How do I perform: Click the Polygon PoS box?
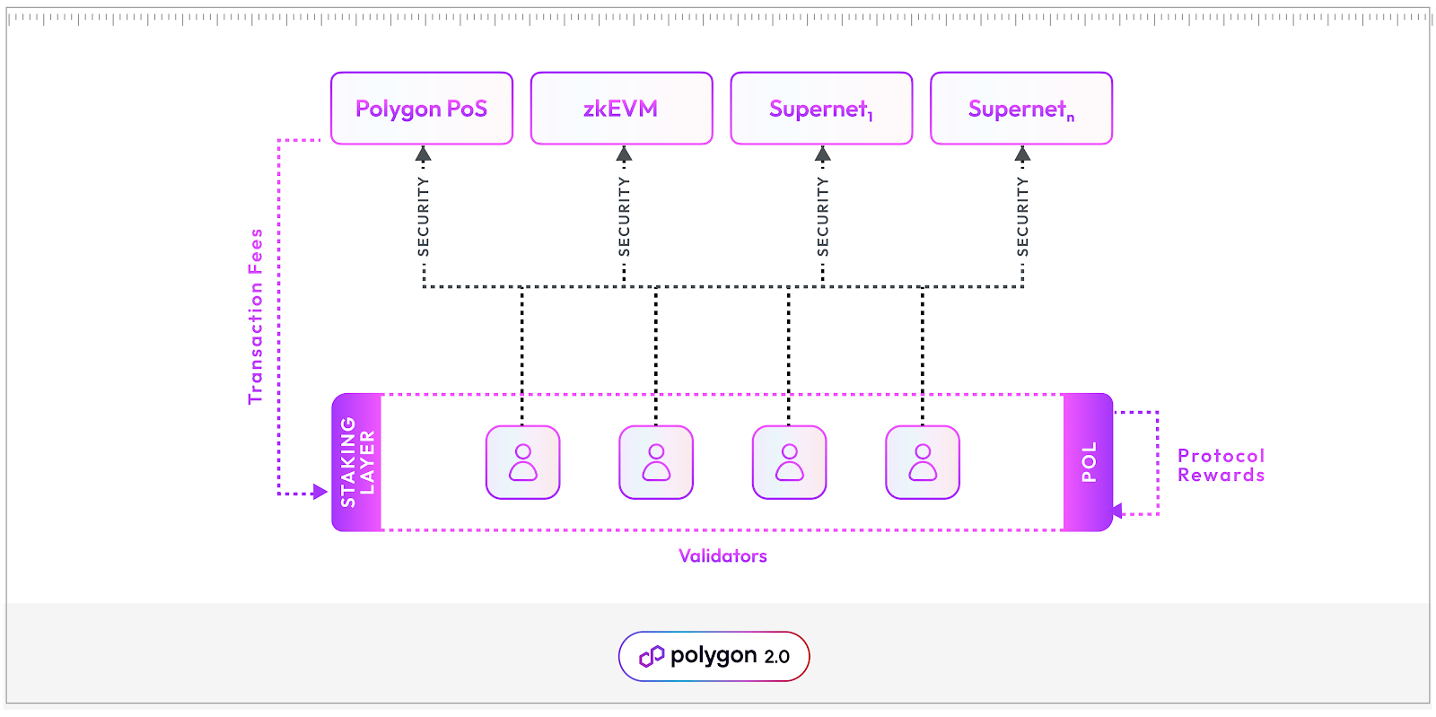point(422,109)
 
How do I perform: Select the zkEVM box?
point(621,109)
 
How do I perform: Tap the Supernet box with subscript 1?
point(821,109)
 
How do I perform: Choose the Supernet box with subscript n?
point(1021,109)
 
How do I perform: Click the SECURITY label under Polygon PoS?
point(424,216)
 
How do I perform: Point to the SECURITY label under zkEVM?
point(625,216)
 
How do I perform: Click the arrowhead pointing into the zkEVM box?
point(625,154)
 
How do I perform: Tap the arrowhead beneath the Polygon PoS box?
point(424,154)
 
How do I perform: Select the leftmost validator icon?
point(523,462)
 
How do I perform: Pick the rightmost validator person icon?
point(923,462)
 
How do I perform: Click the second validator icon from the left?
point(656,462)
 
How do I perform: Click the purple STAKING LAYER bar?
point(357,462)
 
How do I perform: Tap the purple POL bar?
point(1088,462)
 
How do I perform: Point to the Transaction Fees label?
point(256,316)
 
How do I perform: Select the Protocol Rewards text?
point(1221,466)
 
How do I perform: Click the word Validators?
point(722,556)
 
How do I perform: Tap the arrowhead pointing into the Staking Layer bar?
point(320,492)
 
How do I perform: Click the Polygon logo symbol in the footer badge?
point(652,657)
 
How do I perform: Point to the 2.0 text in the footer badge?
point(776,657)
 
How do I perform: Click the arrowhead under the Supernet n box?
point(1022,154)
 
